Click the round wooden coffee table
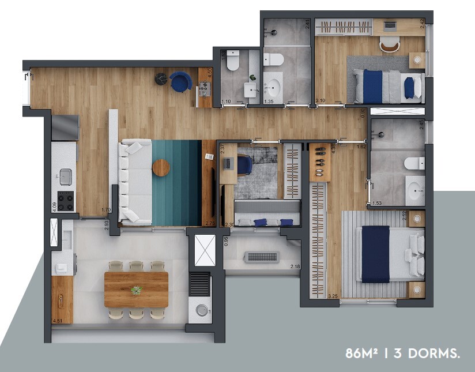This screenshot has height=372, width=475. pos(161,167)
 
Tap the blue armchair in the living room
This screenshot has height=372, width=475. pos(180,82)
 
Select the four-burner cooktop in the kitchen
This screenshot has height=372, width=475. pos(65,200)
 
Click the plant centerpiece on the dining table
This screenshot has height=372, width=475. pos(136,290)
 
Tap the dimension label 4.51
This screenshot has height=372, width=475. pos(57,320)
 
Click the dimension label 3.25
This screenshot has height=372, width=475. pos(333,296)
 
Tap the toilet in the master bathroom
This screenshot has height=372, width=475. pos(414,163)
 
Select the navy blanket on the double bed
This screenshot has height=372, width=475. pos(375,254)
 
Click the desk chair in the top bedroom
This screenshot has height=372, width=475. pos(389,43)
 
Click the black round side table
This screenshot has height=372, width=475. pos(161,79)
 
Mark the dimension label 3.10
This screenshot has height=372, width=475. pos(321,101)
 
